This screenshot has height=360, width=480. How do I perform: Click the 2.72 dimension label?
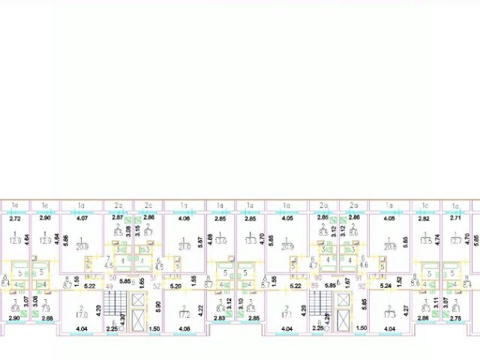point(14,219)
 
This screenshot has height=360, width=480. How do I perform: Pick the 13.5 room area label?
point(424,241)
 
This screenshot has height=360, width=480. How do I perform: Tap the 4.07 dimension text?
point(82,219)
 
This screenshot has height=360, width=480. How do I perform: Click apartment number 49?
point(109,286)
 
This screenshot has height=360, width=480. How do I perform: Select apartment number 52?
point(157,286)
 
